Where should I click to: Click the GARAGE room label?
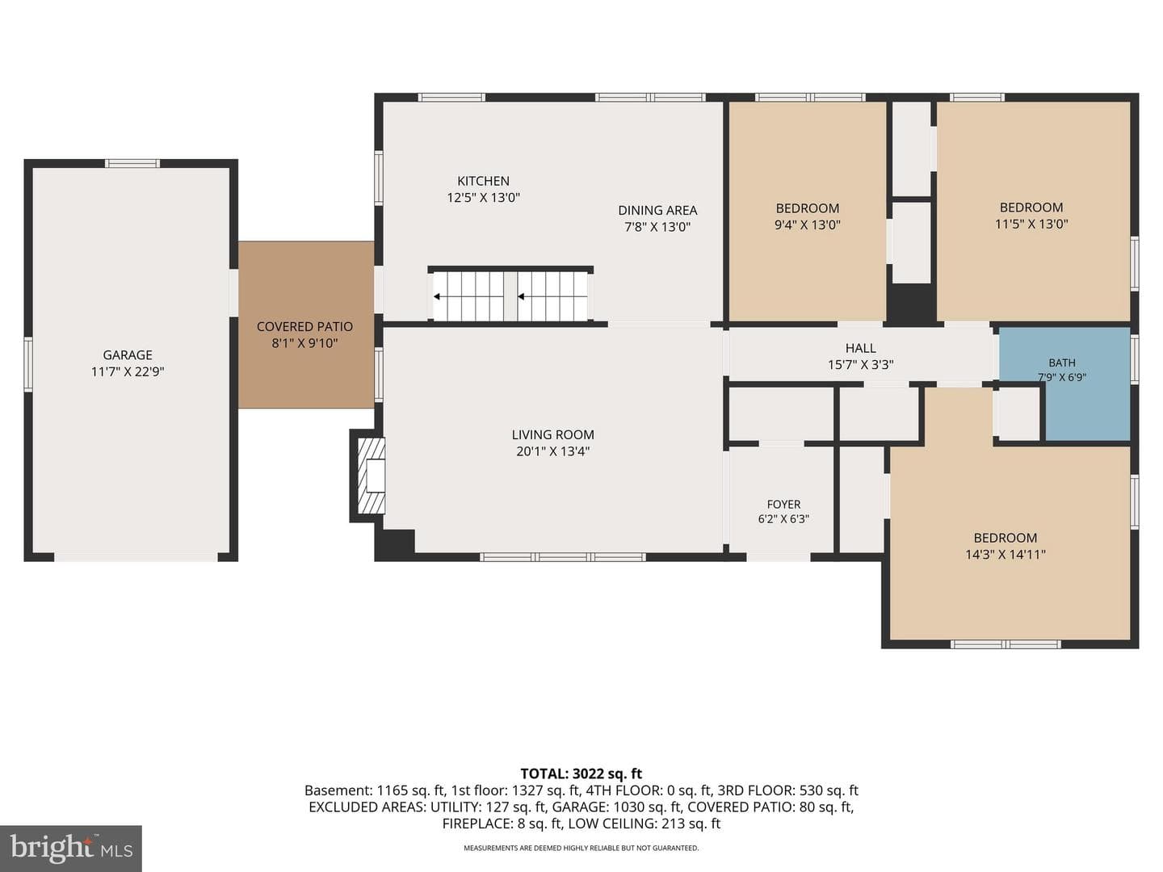(127, 354)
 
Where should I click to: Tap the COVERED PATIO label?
(304, 327)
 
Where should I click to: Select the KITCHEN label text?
(483, 181)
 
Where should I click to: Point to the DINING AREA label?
(657, 210)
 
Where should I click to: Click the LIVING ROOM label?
(552, 434)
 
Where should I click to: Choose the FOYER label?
(783, 505)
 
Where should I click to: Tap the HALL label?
(860, 348)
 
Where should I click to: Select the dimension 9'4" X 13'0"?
(808, 225)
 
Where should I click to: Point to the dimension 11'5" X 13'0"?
(1031, 224)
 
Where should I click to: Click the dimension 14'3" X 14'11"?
(1006, 555)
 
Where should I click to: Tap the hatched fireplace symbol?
(371, 476)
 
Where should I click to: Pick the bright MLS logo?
(71, 849)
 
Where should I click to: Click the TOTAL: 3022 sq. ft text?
(581, 773)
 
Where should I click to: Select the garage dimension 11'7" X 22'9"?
(127, 371)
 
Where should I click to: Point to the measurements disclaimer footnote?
(581, 848)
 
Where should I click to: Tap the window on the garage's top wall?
(132, 163)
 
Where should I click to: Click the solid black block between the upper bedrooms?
(912, 304)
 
